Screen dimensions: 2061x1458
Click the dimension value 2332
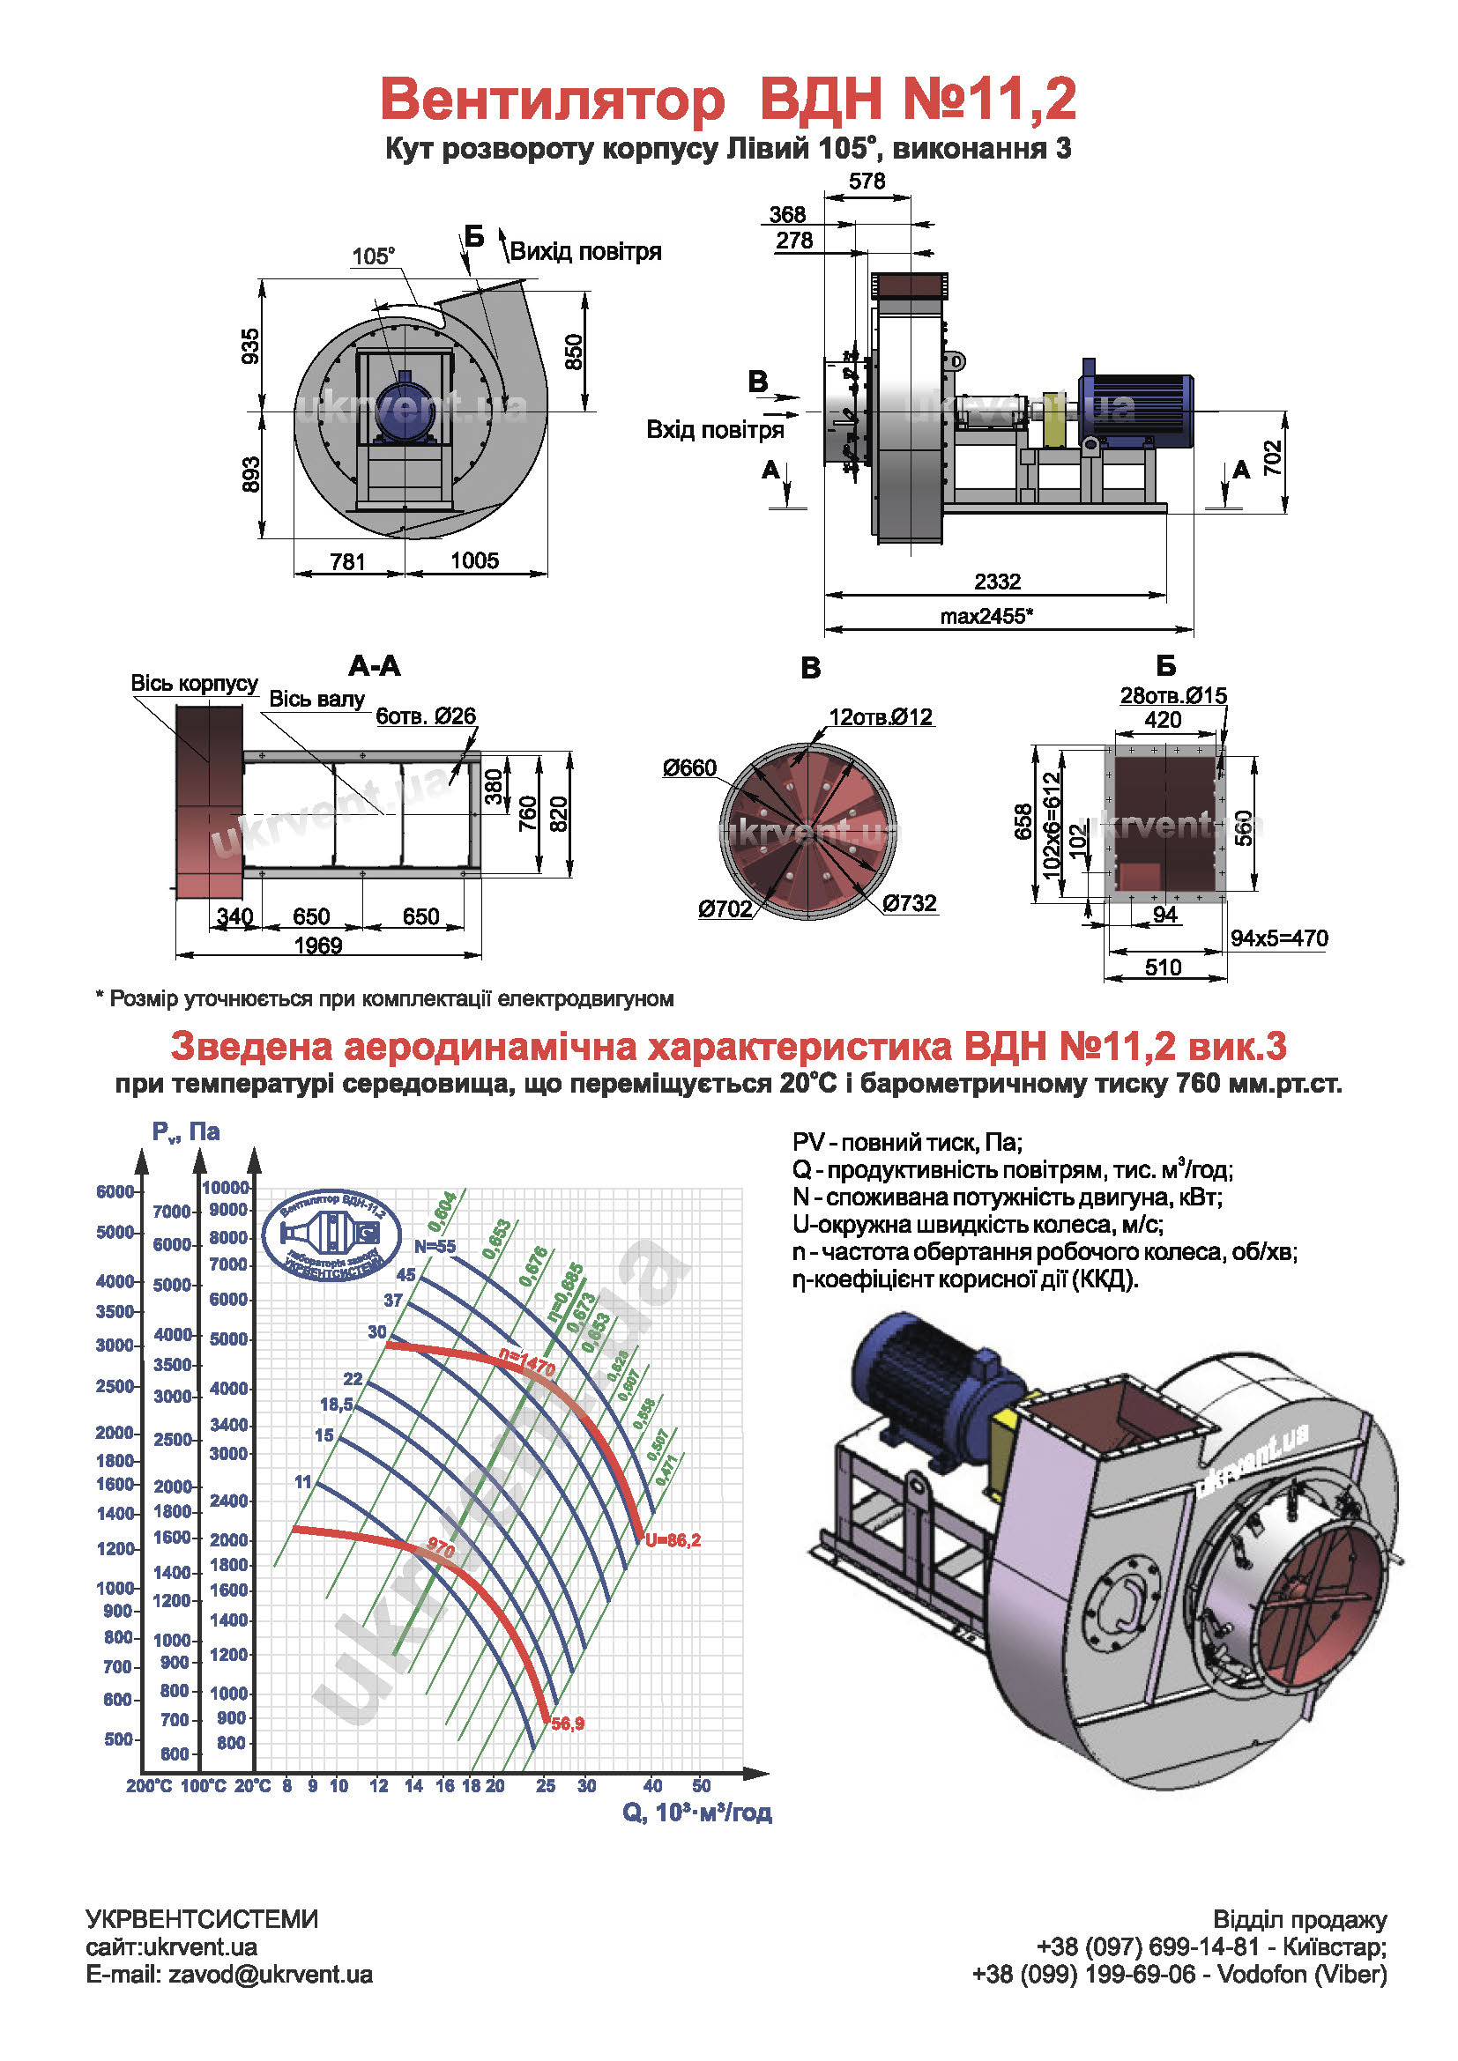click(x=997, y=582)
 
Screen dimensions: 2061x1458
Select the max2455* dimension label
click(x=986, y=617)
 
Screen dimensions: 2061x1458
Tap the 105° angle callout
click(x=373, y=256)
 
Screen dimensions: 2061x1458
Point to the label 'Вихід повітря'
click(x=585, y=251)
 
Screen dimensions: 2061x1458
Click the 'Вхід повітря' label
click(x=715, y=430)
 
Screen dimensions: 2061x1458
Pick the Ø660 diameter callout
click(x=689, y=768)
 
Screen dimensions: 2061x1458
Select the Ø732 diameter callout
click(x=910, y=903)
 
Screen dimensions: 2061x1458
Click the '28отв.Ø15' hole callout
click(x=1172, y=696)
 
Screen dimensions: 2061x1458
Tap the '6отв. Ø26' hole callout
click(x=426, y=716)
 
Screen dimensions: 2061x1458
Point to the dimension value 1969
click(x=318, y=946)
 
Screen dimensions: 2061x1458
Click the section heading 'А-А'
click(x=375, y=666)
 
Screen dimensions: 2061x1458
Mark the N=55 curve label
click(x=435, y=1247)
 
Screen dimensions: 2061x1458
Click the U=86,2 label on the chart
click(x=673, y=1540)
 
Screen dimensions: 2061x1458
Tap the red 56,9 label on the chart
click(x=568, y=1724)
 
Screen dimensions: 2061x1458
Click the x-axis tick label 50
click(x=701, y=1786)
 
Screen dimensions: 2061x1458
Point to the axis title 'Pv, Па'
click(x=186, y=1132)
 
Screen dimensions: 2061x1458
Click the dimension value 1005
click(x=474, y=561)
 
